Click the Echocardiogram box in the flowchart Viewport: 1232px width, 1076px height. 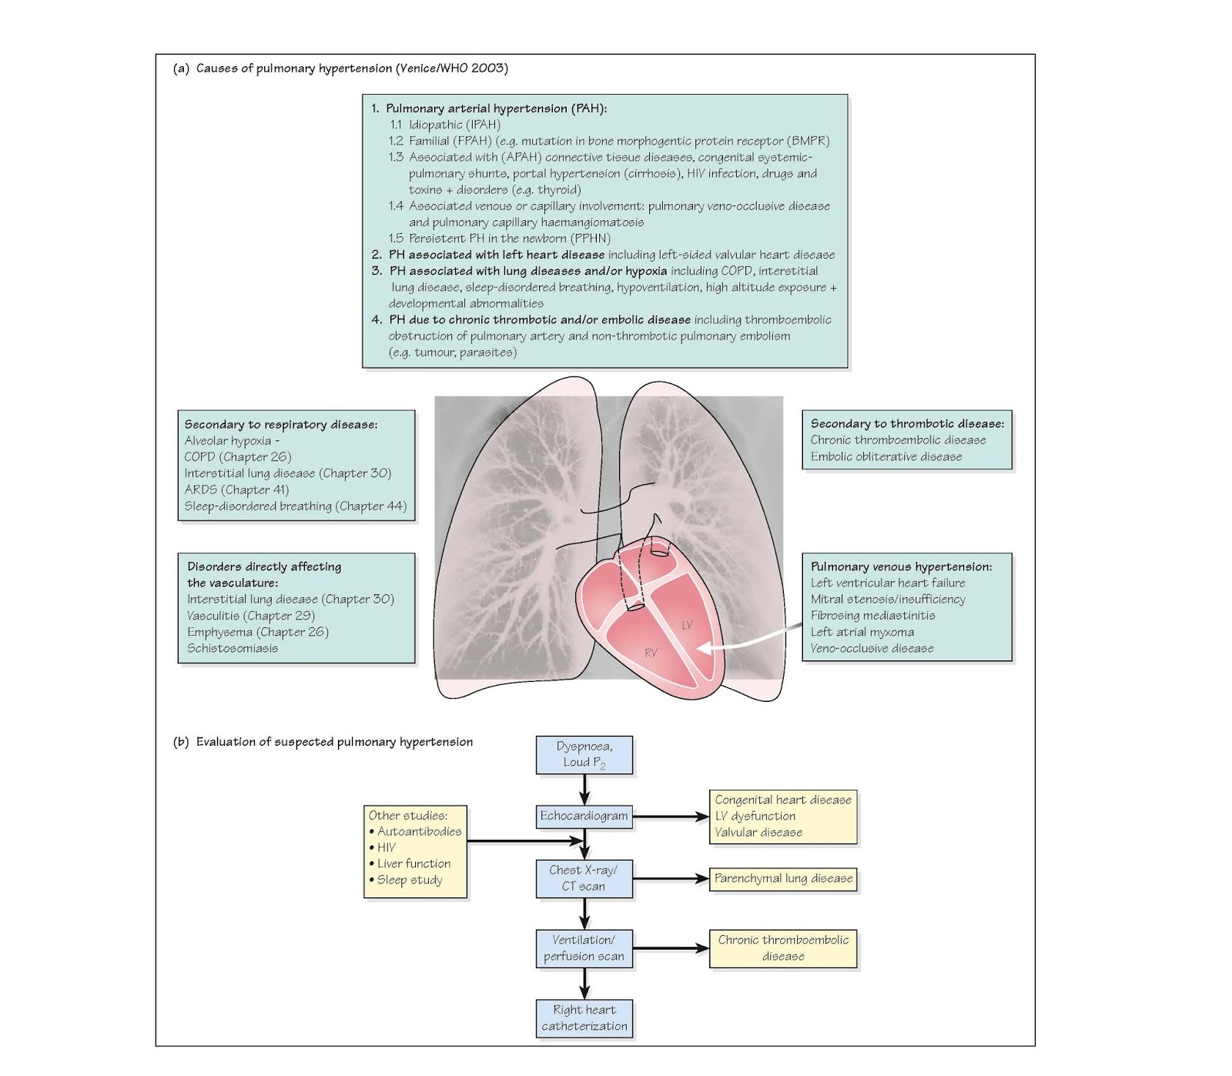(x=584, y=816)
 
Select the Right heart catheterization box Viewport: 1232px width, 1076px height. (x=584, y=1018)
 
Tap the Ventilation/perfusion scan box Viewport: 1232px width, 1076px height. (x=584, y=948)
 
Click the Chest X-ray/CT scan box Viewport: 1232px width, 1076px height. (x=584, y=878)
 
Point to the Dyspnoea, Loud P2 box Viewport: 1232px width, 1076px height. (x=584, y=754)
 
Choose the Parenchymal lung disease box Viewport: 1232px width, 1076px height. (x=782, y=878)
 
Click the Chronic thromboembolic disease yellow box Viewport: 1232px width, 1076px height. (x=782, y=948)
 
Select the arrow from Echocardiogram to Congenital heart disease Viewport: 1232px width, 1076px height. (x=670, y=817)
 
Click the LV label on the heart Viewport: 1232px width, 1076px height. (x=687, y=625)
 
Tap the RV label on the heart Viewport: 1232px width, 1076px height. (x=651, y=653)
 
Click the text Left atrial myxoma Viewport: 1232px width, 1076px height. (x=862, y=632)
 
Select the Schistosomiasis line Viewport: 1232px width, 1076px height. (x=233, y=648)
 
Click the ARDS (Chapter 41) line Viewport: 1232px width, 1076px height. (x=236, y=490)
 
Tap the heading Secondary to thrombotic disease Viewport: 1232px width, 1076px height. (x=906, y=423)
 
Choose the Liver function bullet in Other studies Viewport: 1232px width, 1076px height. (x=413, y=864)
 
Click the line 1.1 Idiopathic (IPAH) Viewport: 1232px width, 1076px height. (x=445, y=125)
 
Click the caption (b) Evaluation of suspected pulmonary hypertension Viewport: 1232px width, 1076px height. (x=323, y=742)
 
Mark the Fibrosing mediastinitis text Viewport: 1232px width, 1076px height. (x=872, y=616)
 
